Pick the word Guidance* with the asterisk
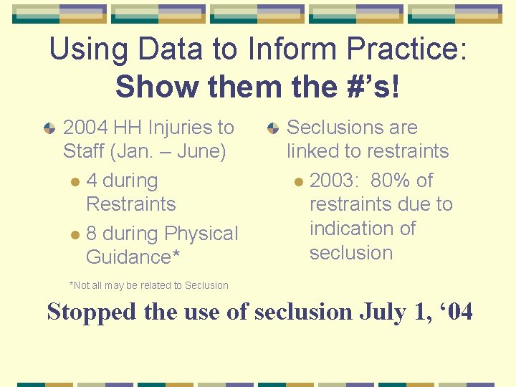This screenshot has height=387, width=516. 133,257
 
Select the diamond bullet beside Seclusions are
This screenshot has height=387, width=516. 272,128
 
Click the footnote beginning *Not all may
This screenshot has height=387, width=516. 148,285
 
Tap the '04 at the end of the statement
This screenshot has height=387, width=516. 454,312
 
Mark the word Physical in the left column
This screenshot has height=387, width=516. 201,234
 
